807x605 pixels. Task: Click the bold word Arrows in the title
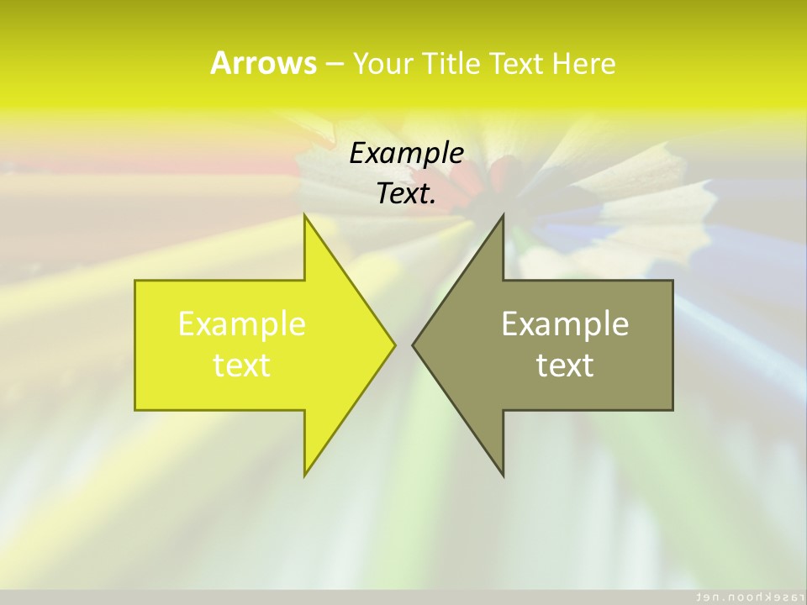pos(263,63)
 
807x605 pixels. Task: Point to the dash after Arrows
pos(334,64)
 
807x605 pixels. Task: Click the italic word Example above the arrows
pos(406,153)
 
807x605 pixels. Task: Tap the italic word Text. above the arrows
pos(406,194)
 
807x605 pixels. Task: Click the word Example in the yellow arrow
pos(242,324)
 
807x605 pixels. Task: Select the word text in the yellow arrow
pos(242,366)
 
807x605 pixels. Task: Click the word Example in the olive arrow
pos(565,324)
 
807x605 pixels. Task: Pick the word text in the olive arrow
pos(565,366)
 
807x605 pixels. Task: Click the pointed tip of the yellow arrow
pos(394,345)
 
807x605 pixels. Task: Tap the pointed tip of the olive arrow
pos(413,345)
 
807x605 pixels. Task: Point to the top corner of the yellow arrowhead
pos(305,216)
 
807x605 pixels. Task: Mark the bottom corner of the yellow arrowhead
pos(305,475)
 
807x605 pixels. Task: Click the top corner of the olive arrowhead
pos(503,216)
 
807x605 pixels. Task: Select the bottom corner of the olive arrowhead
pos(503,475)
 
